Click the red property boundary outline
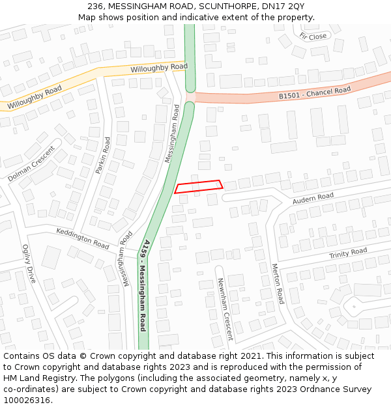click(x=199, y=187)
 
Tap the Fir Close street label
click(x=313, y=36)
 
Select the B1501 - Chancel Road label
click(x=315, y=93)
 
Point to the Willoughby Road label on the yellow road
click(x=158, y=68)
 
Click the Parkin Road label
click(x=103, y=155)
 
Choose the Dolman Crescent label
click(x=31, y=163)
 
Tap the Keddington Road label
click(x=83, y=238)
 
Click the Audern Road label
click(x=313, y=198)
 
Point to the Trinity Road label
click(x=347, y=253)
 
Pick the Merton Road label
click(x=278, y=283)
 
